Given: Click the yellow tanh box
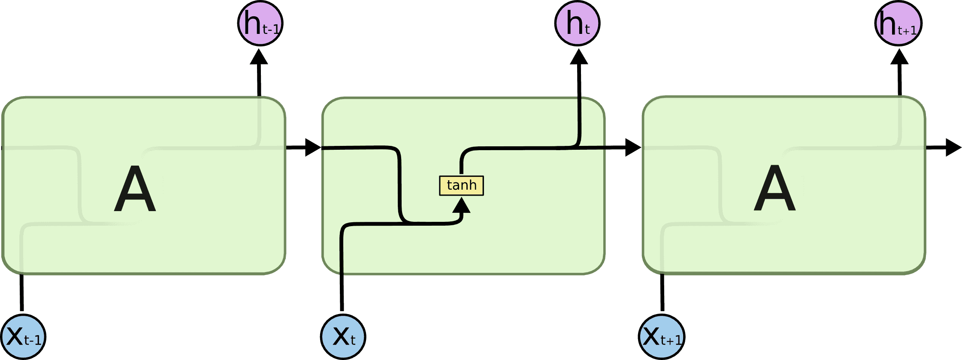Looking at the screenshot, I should (461, 185).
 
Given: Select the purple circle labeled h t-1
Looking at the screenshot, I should (260, 23).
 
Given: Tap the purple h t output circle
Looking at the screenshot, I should (577, 23).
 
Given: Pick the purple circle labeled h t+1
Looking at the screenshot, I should (898, 23).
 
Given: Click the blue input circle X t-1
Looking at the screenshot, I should (23, 337).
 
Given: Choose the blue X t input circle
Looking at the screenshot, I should (343, 337).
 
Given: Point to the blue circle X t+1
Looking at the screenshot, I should (662, 337).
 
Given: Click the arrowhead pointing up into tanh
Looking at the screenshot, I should (462, 206).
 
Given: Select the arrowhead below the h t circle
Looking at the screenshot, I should (579, 57).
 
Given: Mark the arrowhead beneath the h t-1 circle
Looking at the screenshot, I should (259, 57).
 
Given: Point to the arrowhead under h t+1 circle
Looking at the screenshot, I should (899, 57).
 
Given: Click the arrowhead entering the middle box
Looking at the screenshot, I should (312, 148).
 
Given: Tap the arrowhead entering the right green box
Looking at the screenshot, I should (632, 148).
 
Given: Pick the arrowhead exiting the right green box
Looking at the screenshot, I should (953, 148).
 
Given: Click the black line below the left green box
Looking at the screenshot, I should (22, 293).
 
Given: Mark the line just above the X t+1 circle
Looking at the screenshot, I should (662, 293).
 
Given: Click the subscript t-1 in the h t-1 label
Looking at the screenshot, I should (271, 29).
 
